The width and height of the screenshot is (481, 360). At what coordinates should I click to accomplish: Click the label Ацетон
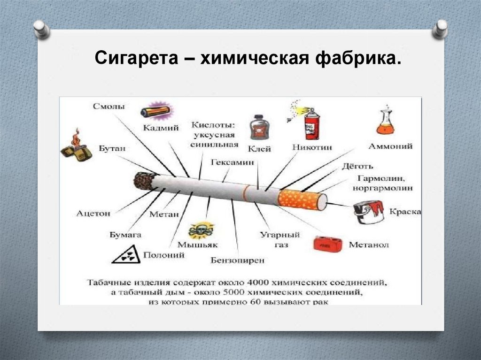point(93,213)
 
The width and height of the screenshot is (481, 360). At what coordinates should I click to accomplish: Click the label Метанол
point(369,245)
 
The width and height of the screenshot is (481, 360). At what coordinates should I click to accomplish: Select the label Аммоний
point(390,146)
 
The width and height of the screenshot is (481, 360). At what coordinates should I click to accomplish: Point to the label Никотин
point(311,147)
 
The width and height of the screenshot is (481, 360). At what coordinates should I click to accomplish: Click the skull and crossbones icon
point(201,230)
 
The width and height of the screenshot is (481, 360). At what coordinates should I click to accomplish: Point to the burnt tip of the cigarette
point(144,181)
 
